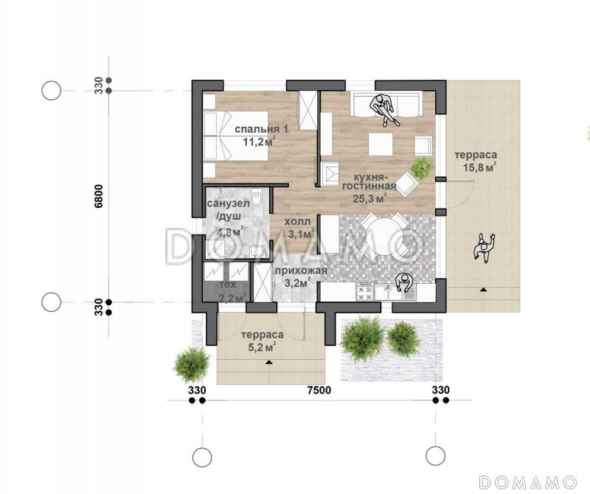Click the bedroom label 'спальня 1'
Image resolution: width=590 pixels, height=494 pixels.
[262, 129]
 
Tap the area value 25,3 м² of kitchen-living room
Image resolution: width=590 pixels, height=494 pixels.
[370, 198]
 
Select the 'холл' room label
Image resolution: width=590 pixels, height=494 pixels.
[297, 222]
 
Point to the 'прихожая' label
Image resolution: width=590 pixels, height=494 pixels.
[300, 271]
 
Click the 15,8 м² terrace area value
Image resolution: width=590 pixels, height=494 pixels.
[479, 167]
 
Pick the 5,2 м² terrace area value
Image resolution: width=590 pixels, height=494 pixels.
[263, 347]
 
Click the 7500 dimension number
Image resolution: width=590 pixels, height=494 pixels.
[319, 390]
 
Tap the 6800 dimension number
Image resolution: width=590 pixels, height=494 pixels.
[99, 196]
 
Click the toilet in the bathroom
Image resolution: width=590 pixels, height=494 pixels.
[257, 199]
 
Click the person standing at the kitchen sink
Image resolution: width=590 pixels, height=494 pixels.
[404, 283]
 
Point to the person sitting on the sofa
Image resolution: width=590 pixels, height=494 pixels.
[384, 108]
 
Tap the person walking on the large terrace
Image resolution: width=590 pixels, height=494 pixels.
[484, 247]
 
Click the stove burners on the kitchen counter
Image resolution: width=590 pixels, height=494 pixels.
[364, 293]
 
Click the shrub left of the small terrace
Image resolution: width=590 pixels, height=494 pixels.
[192, 364]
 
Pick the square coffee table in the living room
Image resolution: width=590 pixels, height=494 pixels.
[380, 144]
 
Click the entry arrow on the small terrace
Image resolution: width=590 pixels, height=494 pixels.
[268, 362]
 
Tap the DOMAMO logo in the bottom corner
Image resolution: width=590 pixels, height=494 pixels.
[527, 481]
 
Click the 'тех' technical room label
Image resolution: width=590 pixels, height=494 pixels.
[227, 285]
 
